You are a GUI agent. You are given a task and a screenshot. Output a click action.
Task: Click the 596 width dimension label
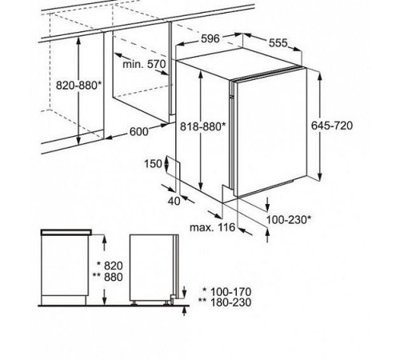210,38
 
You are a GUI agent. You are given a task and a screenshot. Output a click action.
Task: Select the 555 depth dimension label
278,42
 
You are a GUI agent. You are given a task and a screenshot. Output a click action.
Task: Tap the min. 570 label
144,64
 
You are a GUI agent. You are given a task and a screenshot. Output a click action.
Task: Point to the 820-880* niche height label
79,86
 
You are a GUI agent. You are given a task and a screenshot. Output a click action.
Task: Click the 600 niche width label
138,131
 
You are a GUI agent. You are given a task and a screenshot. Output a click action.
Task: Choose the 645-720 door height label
332,126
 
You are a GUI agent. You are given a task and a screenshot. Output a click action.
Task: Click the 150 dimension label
153,163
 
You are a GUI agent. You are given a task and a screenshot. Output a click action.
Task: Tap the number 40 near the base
174,201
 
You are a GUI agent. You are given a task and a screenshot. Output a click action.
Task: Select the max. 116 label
212,227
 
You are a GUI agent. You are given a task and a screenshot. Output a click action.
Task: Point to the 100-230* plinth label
289,220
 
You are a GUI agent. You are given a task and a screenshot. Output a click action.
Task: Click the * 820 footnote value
110,266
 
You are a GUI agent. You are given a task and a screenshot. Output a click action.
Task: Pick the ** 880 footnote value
108,277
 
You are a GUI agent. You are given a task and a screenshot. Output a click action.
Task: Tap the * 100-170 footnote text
226,292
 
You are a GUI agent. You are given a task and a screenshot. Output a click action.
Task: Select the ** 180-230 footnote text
225,302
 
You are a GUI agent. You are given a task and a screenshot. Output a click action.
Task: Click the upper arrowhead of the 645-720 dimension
320,75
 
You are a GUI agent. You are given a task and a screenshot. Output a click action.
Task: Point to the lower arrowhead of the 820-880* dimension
78,140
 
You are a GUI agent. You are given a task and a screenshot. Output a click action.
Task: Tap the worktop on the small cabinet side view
66,232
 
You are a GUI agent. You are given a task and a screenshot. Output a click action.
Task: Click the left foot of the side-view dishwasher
134,303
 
